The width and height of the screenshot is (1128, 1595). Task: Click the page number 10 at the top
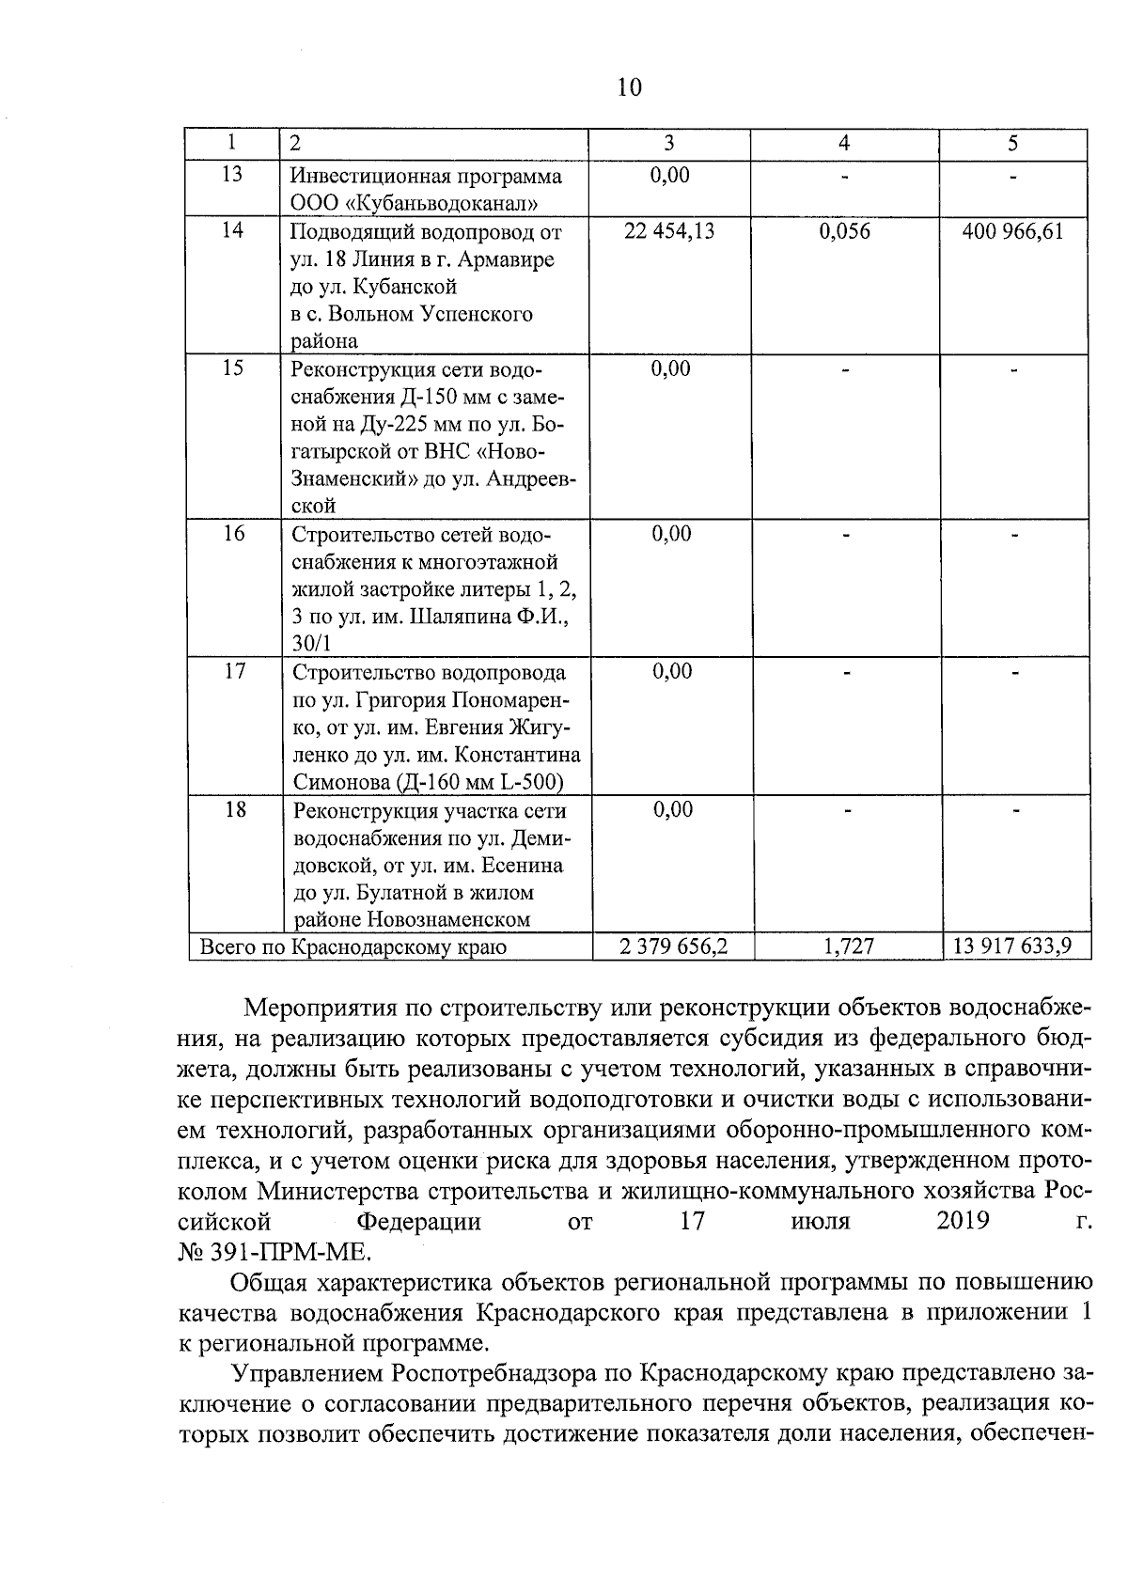(630, 87)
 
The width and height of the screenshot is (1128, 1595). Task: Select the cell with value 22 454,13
(669, 231)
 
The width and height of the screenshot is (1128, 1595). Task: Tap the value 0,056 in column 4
(844, 231)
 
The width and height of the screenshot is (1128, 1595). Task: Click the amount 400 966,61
(1012, 231)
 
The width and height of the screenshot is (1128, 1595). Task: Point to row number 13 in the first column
(232, 175)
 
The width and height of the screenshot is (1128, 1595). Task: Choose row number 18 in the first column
(235, 810)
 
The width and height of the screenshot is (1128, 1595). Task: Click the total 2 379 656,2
(673, 946)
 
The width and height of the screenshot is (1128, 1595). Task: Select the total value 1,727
(848, 946)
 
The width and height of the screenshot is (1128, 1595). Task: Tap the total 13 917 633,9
(1012, 946)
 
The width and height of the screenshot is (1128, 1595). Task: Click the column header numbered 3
(668, 144)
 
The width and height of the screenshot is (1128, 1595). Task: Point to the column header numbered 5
(1012, 144)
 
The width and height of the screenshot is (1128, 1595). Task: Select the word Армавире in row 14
(507, 259)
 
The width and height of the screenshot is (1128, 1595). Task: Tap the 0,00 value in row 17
(671, 672)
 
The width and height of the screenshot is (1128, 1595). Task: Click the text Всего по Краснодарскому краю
(352, 947)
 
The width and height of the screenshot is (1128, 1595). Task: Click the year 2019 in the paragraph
(963, 1221)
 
